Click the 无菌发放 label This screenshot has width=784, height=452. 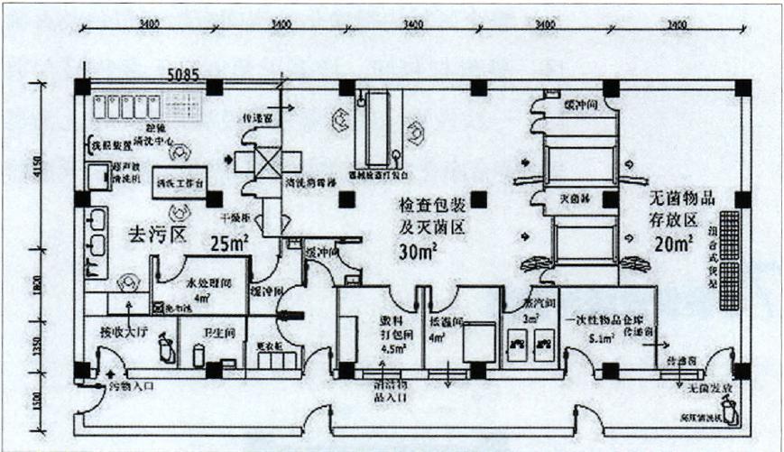point(701,386)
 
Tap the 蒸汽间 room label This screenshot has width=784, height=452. point(526,304)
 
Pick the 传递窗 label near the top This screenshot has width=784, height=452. point(255,117)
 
